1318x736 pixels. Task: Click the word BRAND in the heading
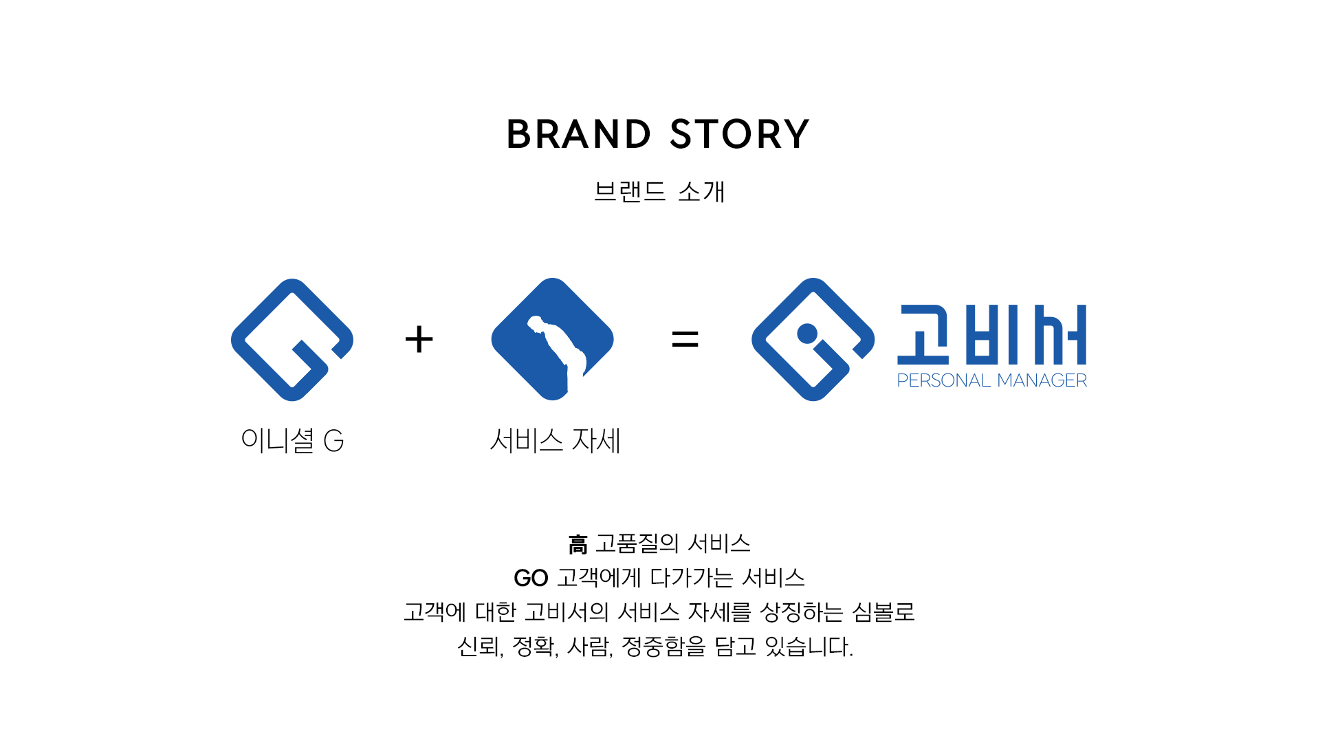click(x=578, y=134)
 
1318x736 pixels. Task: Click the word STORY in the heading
click(x=739, y=134)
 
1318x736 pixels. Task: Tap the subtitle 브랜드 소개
click(x=659, y=191)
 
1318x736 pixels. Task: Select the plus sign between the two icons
click(x=419, y=339)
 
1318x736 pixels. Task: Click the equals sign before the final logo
click(x=685, y=338)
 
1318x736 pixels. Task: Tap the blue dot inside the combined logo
click(x=807, y=334)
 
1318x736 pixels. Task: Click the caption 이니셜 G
click(x=292, y=440)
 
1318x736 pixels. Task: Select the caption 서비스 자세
click(x=555, y=440)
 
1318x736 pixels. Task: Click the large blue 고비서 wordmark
click(x=991, y=334)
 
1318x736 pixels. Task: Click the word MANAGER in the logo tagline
click(x=1042, y=380)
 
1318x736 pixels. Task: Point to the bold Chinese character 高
click(x=578, y=545)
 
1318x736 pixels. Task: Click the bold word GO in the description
click(x=531, y=578)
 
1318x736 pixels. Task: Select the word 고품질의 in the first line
click(x=637, y=543)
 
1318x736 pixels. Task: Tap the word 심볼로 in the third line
click(x=883, y=611)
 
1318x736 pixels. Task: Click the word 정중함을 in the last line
click(x=663, y=646)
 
